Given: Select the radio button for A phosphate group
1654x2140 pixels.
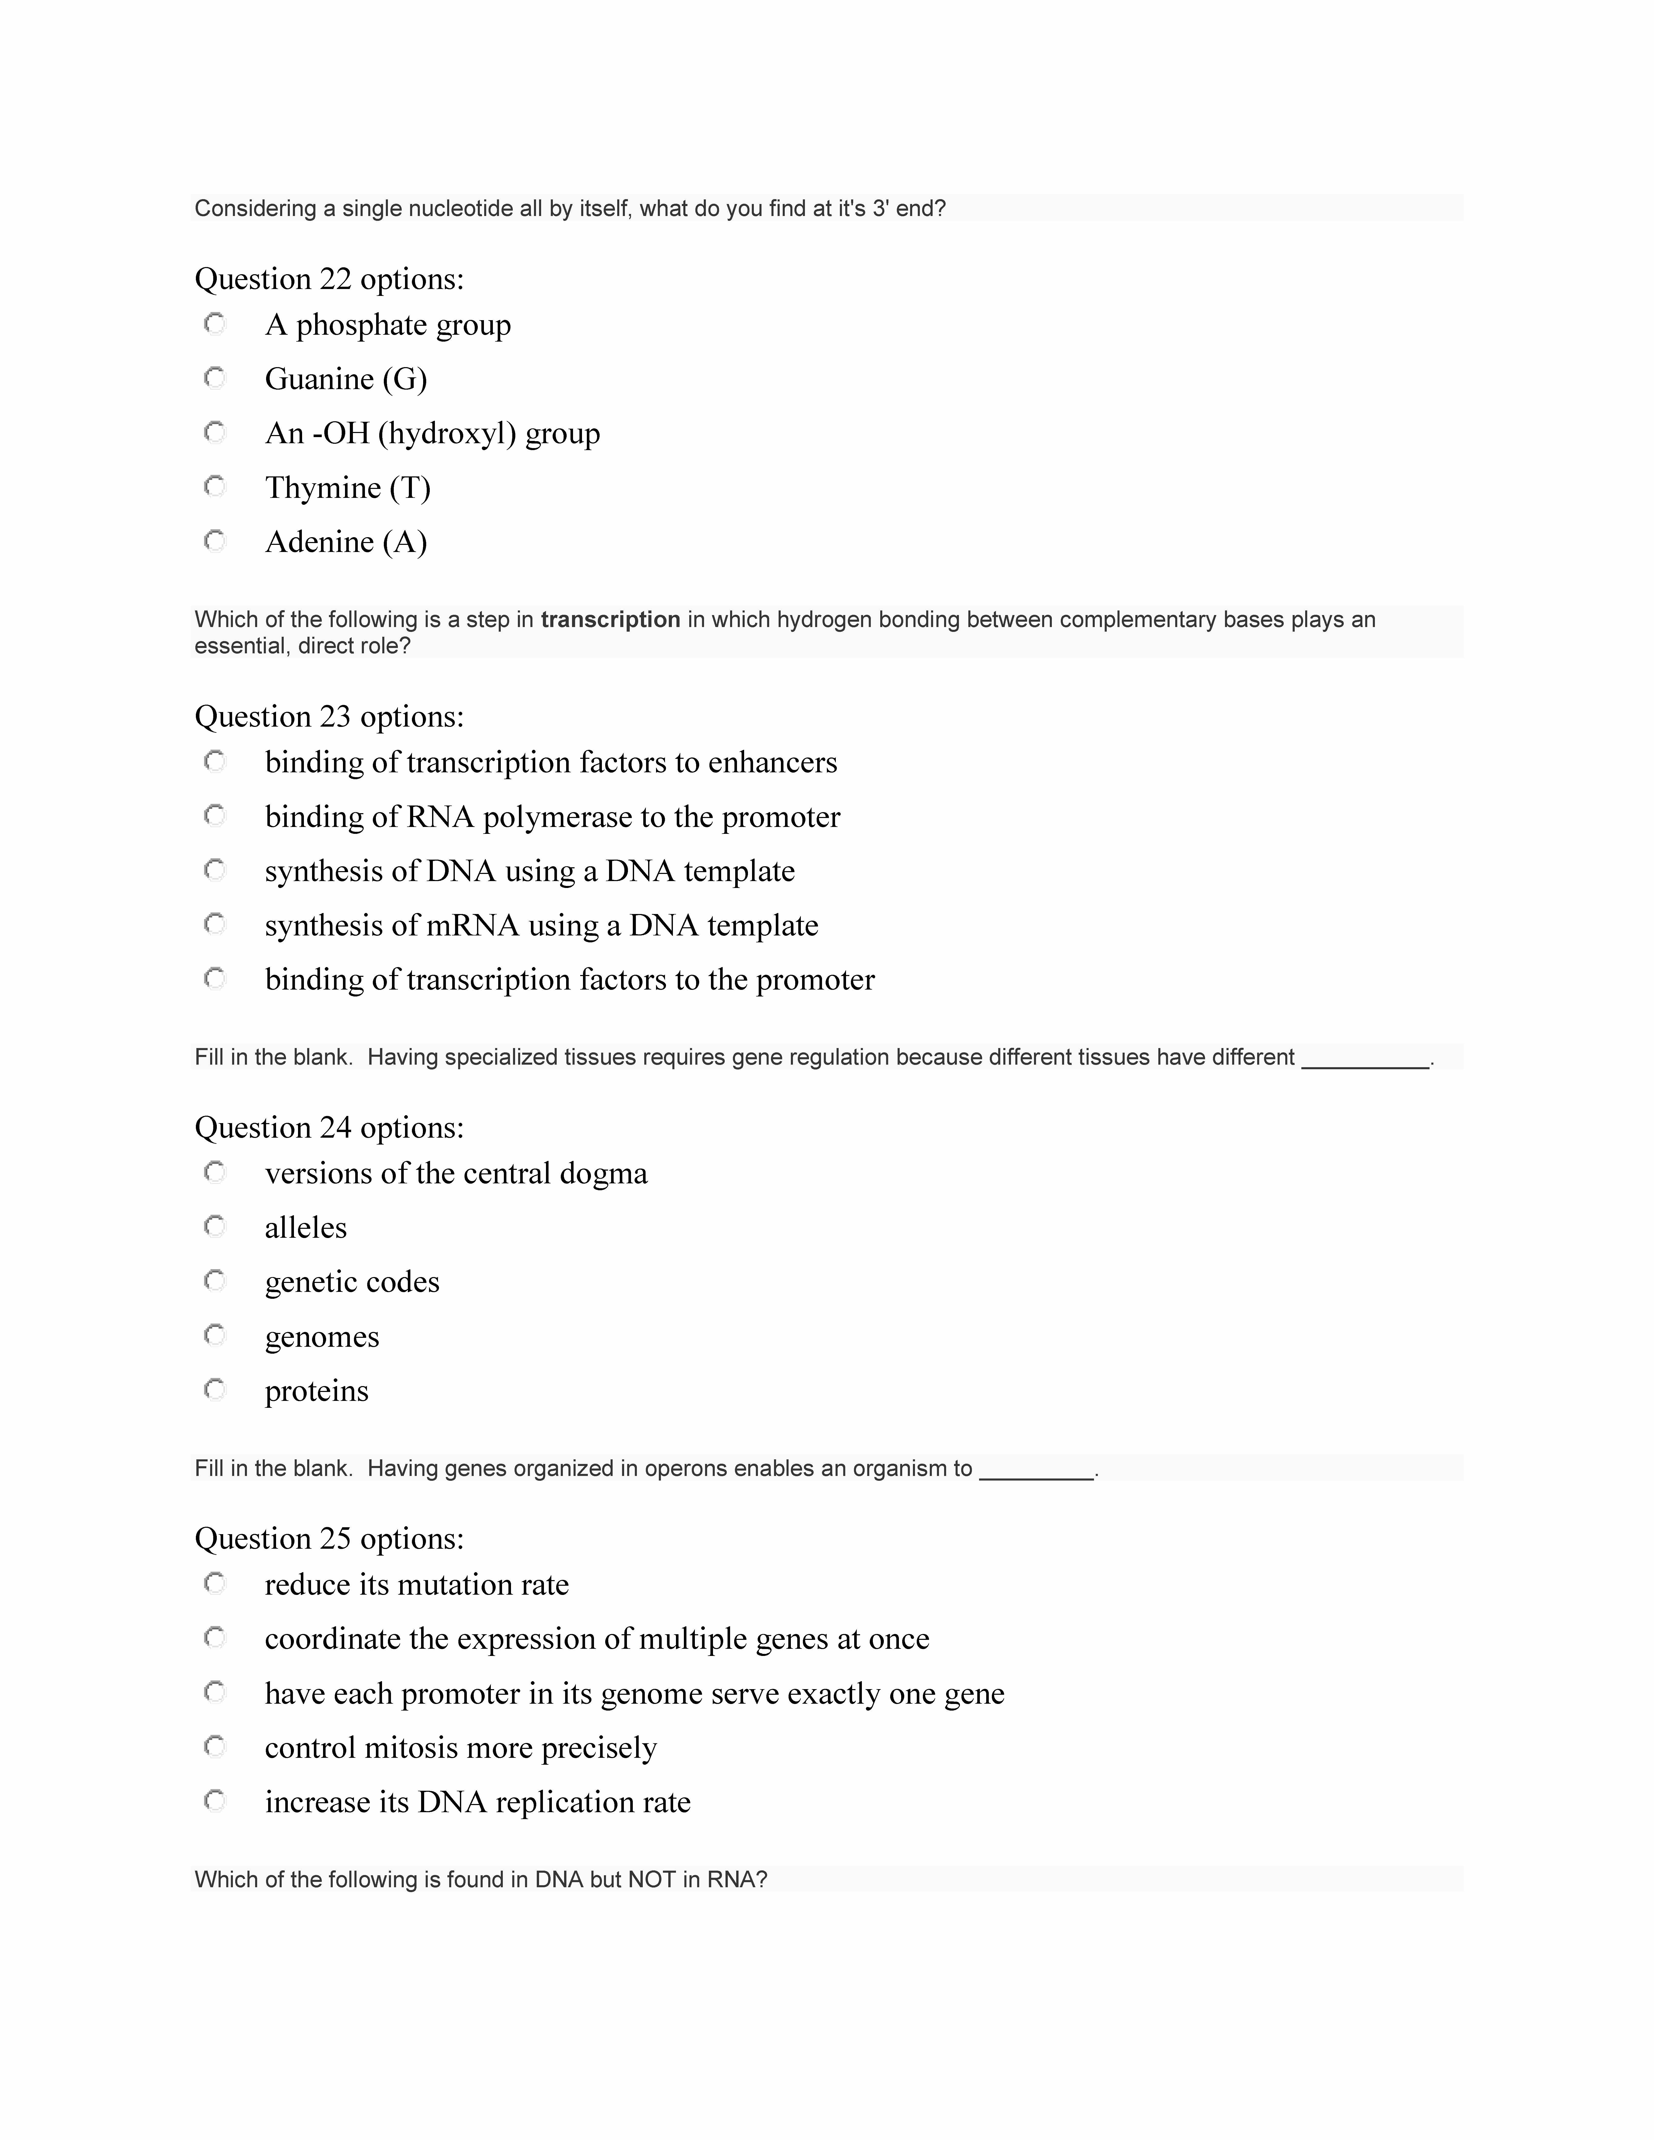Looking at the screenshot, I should pos(215,323).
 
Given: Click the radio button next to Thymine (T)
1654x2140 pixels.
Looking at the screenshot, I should pos(215,486).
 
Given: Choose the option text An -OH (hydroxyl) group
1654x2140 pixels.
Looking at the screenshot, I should pos(432,433).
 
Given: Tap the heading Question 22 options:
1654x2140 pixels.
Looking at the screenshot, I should pos(329,279).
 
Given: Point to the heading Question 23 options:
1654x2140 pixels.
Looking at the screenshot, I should pos(329,716).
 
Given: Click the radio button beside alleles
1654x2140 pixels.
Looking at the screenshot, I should pos(215,1226).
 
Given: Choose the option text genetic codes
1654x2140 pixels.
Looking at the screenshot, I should pos(352,1282).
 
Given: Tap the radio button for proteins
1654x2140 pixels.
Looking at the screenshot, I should pos(215,1388).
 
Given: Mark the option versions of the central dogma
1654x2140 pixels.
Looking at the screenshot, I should pos(456,1173).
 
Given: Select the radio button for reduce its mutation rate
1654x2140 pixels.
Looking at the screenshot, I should pos(215,1582).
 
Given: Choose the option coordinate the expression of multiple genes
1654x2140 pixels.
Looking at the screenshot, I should pos(597,1638).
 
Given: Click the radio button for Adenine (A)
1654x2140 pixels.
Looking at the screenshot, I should pos(215,540).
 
